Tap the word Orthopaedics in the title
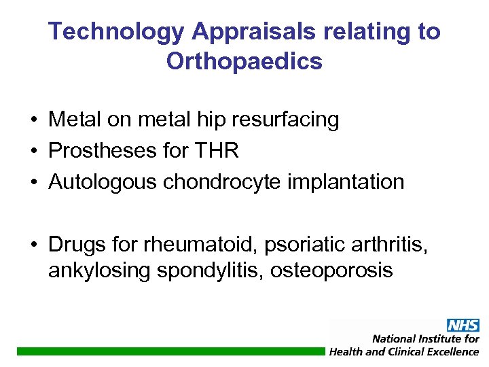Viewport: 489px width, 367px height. tap(244, 62)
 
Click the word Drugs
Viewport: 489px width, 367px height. tap(75, 243)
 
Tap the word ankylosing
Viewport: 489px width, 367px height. tap(98, 271)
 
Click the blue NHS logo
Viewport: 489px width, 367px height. tap(463, 326)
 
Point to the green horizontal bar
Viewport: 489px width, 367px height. tap(170, 351)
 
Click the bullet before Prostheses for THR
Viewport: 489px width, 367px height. tap(33, 152)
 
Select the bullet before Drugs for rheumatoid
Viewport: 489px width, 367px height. tap(33, 244)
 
